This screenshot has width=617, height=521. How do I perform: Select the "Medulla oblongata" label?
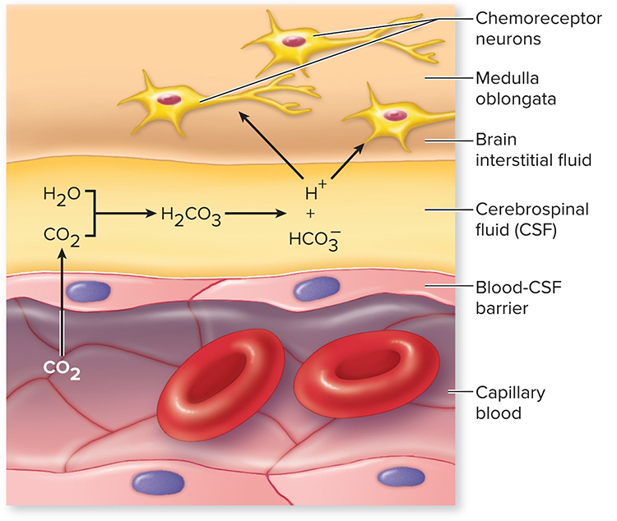(517, 90)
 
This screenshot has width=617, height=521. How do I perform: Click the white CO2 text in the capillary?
(63, 374)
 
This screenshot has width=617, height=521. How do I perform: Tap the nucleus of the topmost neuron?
(291, 40)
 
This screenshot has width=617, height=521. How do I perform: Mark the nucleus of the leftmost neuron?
(169, 99)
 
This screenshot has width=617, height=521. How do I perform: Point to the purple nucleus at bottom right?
(401, 475)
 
